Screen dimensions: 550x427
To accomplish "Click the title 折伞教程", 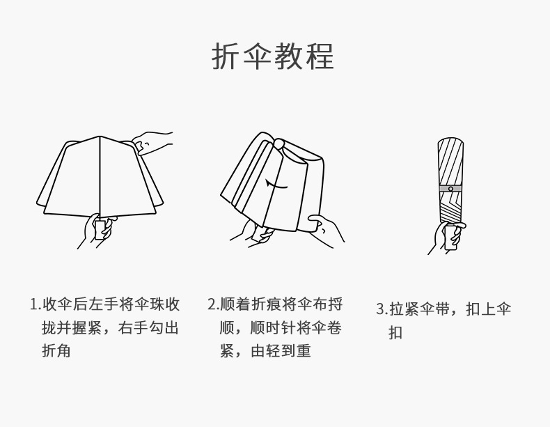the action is click(273, 56).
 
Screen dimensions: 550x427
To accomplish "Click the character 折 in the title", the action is click(226, 56).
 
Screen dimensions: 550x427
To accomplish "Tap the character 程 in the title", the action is click(320, 56).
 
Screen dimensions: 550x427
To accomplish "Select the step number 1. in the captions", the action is click(35, 305).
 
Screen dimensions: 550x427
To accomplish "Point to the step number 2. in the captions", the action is click(213, 305).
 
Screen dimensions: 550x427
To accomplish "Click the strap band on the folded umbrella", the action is click(450, 189).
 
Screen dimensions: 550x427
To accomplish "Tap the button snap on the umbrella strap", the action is click(450, 189).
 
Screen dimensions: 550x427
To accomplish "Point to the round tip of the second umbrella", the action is click(278, 143).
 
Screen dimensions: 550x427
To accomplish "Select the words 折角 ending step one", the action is click(56, 351).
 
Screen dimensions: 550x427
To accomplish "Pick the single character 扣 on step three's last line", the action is click(395, 333).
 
